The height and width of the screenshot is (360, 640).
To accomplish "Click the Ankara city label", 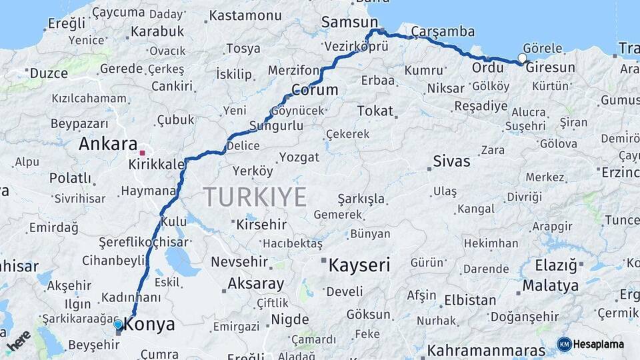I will click(x=108, y=144).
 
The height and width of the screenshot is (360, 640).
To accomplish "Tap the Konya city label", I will click(x=150, y=325).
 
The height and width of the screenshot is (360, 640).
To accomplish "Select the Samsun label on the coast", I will click(x=349, y=23).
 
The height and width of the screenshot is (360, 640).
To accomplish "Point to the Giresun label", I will click(x=550, y=67).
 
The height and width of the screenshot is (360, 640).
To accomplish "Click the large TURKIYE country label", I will click(x=255, y=197).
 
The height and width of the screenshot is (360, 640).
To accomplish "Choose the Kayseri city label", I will click(x=359, y=265).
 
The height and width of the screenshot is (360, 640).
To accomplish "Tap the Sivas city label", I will click(x=451, y=161).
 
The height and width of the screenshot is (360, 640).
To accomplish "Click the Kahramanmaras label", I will click(x=488, y=350).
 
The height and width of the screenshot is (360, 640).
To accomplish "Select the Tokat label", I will click(x=375, y=111).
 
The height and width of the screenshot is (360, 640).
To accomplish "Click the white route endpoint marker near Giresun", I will click(x=522, y=58).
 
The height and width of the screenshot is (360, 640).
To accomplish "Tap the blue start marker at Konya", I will click(x=118, y=325).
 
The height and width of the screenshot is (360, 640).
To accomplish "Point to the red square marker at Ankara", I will click(x=142, y=153).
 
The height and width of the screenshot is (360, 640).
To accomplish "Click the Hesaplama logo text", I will click(x=599, y=344).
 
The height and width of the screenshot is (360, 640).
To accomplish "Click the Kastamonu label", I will click(x=245, y=15).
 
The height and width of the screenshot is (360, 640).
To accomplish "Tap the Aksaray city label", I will click(x=256, y=283).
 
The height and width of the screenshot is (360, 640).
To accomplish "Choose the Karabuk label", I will click(x=157, y=31).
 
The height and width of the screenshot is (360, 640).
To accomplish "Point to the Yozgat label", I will click(x=299, y=157).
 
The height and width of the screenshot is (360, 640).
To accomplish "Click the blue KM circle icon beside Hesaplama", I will click(x=564, y=344).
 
